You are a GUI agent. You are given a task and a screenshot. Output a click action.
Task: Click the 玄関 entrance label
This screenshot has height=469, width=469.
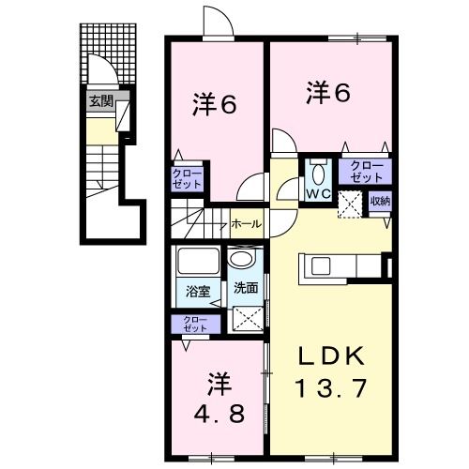coord(102,100)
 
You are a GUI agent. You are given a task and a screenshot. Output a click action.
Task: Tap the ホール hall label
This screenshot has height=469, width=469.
coord(247,224)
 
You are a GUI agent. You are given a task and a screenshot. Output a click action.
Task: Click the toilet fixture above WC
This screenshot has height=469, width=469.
coord(316,173)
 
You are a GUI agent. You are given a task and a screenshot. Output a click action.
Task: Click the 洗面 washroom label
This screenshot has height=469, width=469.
coord(245,288)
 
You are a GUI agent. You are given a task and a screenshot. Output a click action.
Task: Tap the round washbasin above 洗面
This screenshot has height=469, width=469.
coord(241,261)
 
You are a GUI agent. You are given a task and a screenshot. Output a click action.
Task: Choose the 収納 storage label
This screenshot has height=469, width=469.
coord(379,200)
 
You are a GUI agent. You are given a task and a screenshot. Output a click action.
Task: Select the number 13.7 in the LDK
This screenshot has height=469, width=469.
coord(329,387)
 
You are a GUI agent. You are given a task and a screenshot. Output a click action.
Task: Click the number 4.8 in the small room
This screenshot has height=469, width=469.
coord(219,413)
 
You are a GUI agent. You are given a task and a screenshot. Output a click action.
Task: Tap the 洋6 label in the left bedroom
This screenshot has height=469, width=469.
coord(216,105)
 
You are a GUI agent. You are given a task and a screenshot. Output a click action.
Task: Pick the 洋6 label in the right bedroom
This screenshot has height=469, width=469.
coord(327,92)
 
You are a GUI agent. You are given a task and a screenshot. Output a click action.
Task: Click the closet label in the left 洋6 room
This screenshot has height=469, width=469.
coord(185,179)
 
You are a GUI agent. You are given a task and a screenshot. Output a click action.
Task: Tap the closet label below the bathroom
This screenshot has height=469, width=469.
coord(195,325)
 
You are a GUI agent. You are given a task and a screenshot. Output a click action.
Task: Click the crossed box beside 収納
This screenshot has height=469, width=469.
coord(350,203)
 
